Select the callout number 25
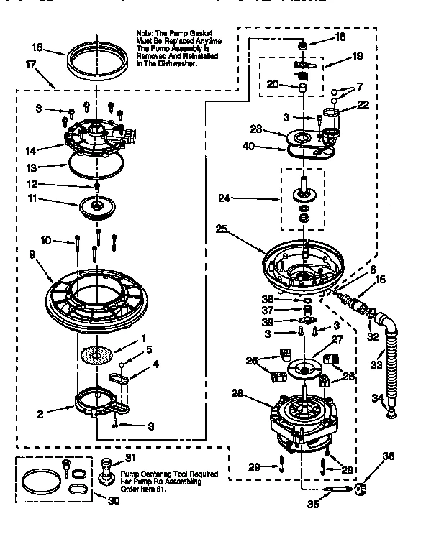pyautogui.click(x=222, y=229)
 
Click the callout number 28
pyautogui.click(x=237, y=393)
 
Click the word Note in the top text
pyautogui.click(x=145, y=33)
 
